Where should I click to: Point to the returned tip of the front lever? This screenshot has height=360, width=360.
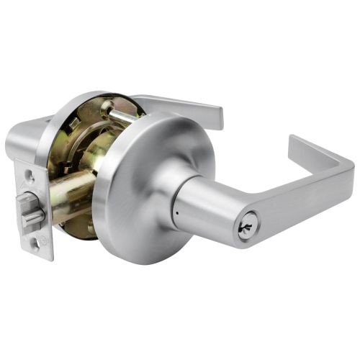[294, 143]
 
